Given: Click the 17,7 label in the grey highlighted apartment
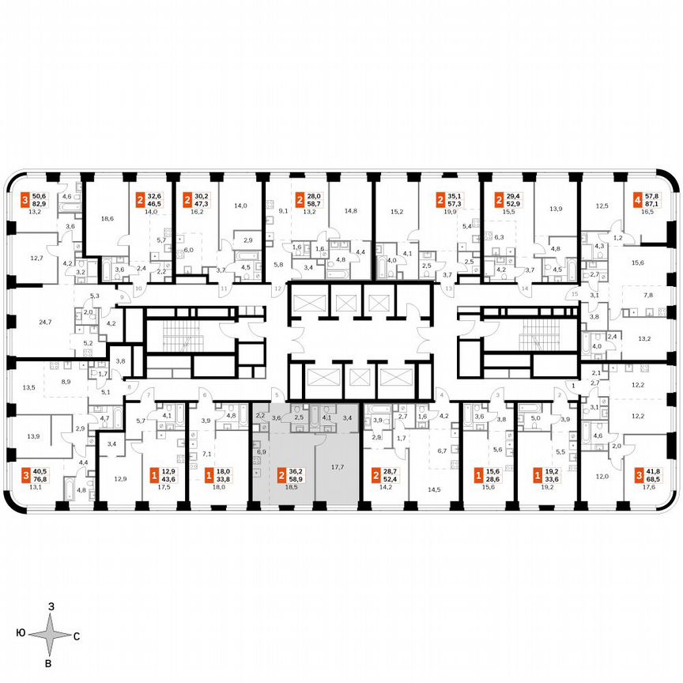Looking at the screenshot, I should point(338,467).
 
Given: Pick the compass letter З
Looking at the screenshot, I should point(51,606).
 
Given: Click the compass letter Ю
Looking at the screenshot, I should point(19,634).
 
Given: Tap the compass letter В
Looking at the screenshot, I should point(49,662).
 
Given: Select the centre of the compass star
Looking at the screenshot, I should point(50,634).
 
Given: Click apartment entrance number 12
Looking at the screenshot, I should point(277,290).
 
